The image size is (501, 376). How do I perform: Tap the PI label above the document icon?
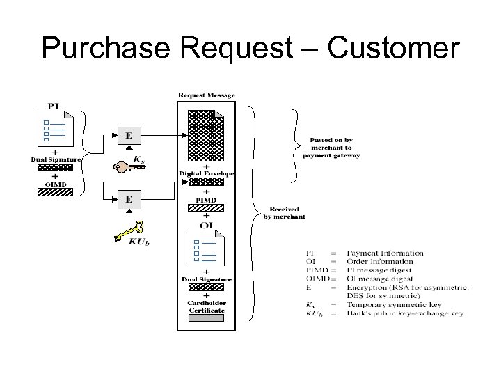(x=53, y=106)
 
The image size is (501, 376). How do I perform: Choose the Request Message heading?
(x=207, y=95)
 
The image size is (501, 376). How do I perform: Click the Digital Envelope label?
(x=207, y=172)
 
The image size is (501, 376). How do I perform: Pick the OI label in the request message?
(x=207, y=224)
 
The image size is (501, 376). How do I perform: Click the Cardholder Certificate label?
(x=207, y=306)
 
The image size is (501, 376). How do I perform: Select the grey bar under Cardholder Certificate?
(x=207, y=318)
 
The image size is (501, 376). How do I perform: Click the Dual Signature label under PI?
(x=56, y=159)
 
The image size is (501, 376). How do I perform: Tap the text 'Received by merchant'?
(x=284, y=212)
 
